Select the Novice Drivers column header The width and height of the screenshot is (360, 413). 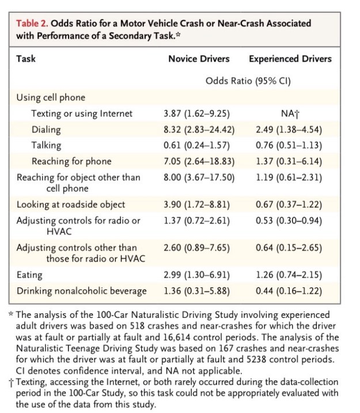[199, 58]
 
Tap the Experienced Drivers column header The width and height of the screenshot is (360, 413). [290, 58]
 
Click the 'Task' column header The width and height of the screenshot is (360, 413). [26, 58]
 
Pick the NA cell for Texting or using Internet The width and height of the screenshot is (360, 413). [290, 113]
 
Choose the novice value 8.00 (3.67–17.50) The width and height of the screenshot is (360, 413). [199, 177]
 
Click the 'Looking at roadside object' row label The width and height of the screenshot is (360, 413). [70, 204]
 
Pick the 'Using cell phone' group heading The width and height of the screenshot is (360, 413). [51, 97]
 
